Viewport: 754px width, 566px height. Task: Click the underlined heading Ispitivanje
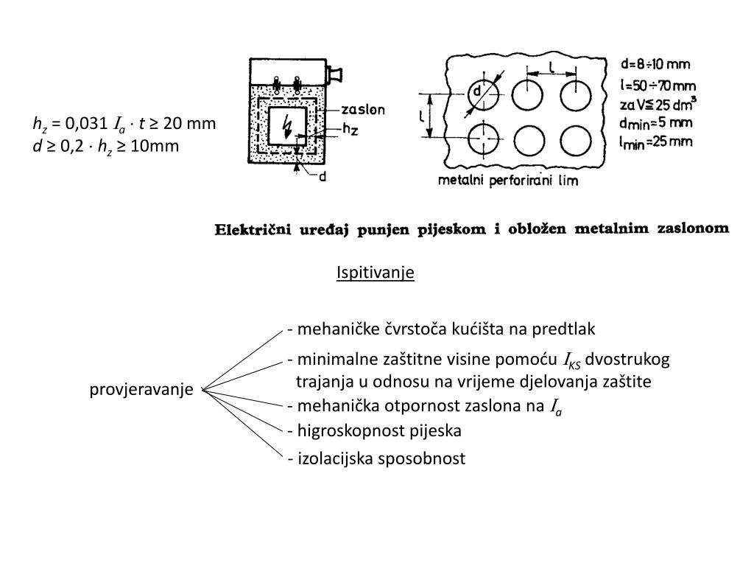pyautogui.click(x=376, y=273)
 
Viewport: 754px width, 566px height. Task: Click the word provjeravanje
pyautogui.click(x=142, y=389)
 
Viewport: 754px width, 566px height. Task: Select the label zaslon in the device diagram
pyautogui.click(x=364, y=109)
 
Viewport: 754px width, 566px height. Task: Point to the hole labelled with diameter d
pyautogui.click(x=484, y=94)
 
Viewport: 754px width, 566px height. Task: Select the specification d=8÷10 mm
pyautogui.click(x=655, y=65)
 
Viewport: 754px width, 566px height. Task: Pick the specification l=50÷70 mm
pyautogui.click(x=657, y=85)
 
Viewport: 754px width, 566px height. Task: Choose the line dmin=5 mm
pyautogui.click(x=655, y=122)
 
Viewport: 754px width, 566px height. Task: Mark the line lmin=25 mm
pyautogui.click(x=655, y=141)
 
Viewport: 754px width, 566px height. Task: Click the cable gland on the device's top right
pyautogui.click(x=337, y=74)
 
